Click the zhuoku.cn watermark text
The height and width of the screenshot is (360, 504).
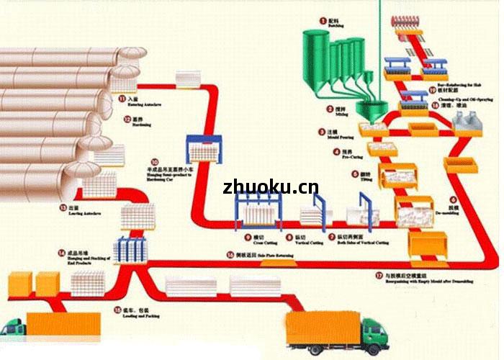[271, 188]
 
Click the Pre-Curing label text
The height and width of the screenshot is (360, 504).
[348, 154]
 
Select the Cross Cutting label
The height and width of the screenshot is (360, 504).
[255, 240]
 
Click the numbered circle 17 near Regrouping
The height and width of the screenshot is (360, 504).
[379, 275]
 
